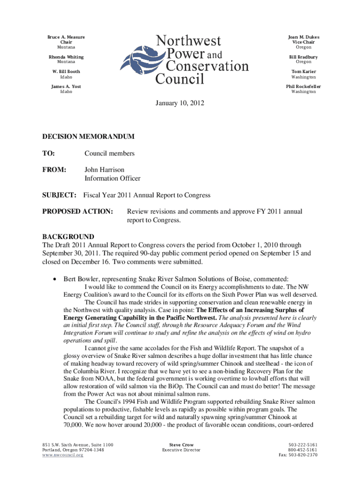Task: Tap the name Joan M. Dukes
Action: tap(303, 37)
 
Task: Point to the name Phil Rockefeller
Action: tap(303, 87)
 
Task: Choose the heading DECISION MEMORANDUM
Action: tap(88, 137)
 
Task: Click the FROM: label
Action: tap(54, 170)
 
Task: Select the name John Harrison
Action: tap(104, 170)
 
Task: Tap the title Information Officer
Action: tap(112, 178)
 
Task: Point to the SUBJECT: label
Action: tap(59, 195)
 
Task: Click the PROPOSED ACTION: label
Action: tap(78, 211)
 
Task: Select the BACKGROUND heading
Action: tap(68, 237)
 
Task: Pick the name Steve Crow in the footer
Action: tap(181, 444)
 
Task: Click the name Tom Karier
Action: tap(303, 72)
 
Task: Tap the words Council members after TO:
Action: tap(109, 153)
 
